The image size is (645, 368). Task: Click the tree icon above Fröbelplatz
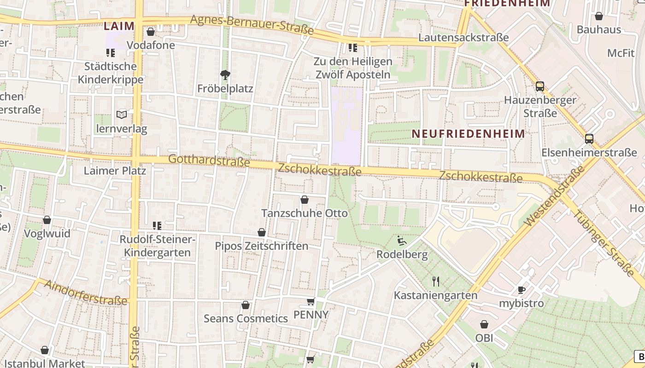[x=225, y=75]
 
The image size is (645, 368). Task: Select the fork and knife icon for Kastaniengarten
[x=435, y=281]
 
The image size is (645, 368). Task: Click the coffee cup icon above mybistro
[x=522, y=290]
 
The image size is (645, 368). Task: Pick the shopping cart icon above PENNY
[x=311, y=301]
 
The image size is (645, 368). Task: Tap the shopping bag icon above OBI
[x=484, y=324]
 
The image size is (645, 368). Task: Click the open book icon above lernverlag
[x=121, y=115]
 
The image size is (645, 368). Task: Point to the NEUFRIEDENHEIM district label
[x=468, y=134]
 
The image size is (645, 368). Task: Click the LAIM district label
[x=119, y=26]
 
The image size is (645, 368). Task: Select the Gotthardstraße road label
[x=209, y=161]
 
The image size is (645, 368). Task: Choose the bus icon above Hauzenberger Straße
[x=539, y=86]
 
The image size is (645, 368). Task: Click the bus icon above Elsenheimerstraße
[x=589, y=139]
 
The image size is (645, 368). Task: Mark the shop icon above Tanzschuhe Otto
[x=305, y=200]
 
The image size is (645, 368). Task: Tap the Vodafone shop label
[x=151, y=45]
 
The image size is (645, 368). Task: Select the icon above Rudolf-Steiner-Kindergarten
[x=157, y=225]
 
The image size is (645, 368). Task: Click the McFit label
[x=621, y=53]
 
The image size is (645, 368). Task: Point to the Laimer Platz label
[x=115, y=171]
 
